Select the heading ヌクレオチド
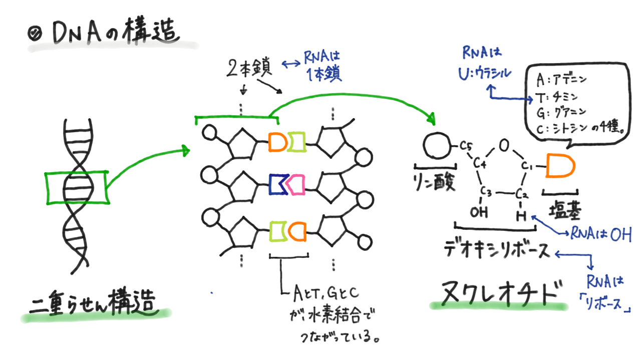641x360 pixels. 499,293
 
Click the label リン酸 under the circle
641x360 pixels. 435,182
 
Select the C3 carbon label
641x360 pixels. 487,192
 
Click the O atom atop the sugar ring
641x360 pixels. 504,145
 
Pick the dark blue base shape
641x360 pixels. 276,184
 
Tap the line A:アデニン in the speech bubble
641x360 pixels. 560,80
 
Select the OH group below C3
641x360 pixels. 479,213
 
